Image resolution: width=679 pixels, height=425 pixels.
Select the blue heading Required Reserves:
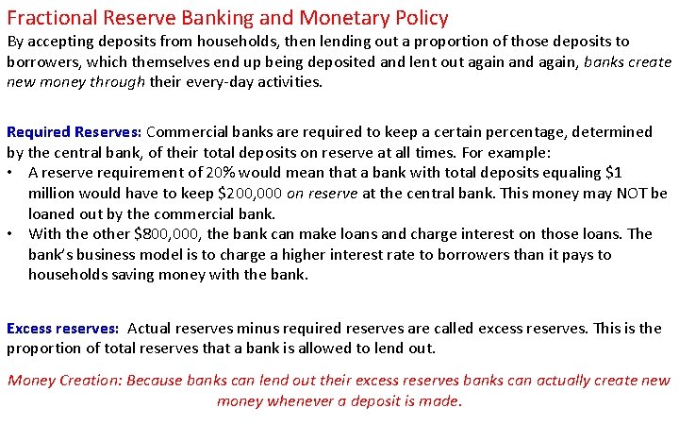(x=75, y=131)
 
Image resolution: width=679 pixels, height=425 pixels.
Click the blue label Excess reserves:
(x=62, y=329)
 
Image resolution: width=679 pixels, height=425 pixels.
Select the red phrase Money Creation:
(x=64, y=381)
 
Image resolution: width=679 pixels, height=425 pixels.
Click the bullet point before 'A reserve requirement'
(x=11, y=173)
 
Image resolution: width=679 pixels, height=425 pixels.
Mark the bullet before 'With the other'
(x=11, y=234)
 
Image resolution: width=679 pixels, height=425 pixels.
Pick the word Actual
(x=149, y=329)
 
